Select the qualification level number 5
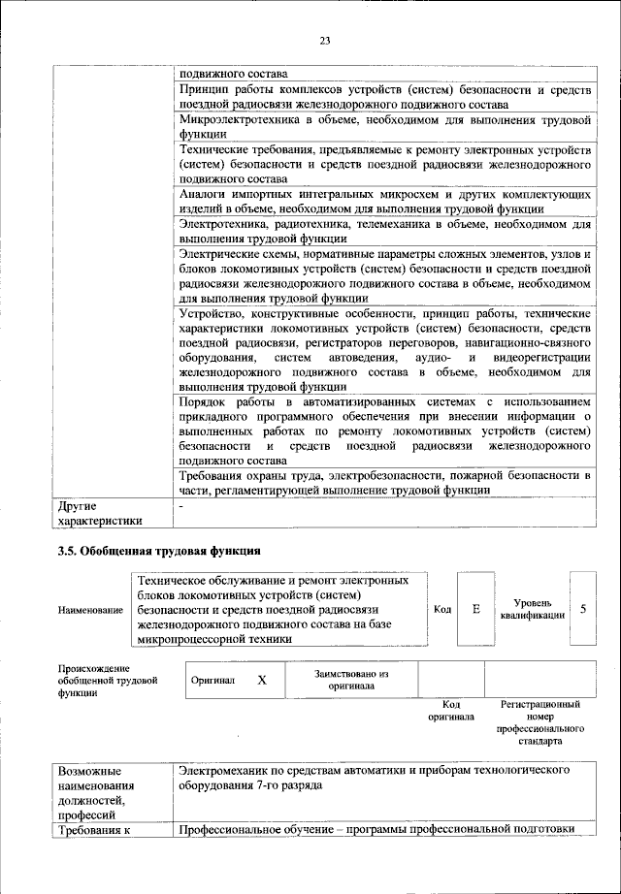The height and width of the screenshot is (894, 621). (x=583, y=609)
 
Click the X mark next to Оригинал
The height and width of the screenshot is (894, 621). (x=262, y=680)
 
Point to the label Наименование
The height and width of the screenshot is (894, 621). (x=91, y=610)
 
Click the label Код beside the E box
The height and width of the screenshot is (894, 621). (x=442, y=609)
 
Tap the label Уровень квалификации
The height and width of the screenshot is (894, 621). (x=530, y=609)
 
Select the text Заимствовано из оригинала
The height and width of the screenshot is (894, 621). (x=351, y=679)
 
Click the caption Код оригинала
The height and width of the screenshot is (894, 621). (x=451, y=711)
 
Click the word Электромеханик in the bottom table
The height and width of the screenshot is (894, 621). (x=226, y=768)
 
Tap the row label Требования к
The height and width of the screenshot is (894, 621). (x=93, y=829)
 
